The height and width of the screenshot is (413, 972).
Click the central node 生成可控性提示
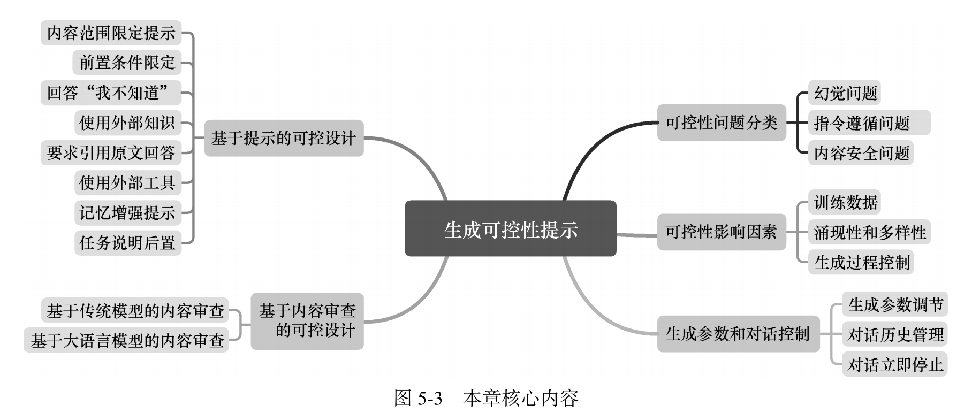pyautogui.click(x=510, y=229)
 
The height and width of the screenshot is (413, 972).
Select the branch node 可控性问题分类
pyautogui.click(x=721, y=123)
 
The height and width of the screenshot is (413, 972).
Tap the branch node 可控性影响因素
pyautogui.click(x=721, y=232)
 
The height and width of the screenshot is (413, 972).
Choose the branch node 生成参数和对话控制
pyautogui.click(x=738, y=334)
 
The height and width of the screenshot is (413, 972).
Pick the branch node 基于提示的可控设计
pyautogui.click(x=284, y=138)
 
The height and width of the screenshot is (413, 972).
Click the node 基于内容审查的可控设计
pyautogui.click(x=307, y=320)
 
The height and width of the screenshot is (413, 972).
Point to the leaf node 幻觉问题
pyautogui.click(x=845, y=93)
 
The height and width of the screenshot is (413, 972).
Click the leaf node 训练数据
pyautogui.click(x=845, y=202)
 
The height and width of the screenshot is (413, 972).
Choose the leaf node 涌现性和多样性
pyautogui.click(x=870, y=232)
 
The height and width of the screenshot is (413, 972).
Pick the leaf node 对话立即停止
pyautogui.click(x=895, y=364)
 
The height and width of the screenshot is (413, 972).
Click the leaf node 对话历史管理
pyautogui.click(x=895, y=334)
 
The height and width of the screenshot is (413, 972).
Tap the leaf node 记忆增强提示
pyautogui.click(x=127, y=213)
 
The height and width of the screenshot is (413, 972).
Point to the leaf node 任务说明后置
pyautogui.click(x=127, y=243)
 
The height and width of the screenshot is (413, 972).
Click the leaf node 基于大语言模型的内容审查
pyautogui.click(x=127, y=340)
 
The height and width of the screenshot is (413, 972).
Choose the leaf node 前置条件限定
pyautogui.click(x=127, y=63)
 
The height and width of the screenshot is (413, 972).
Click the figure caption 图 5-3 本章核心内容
pyautogui.click(x=486, y=398)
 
